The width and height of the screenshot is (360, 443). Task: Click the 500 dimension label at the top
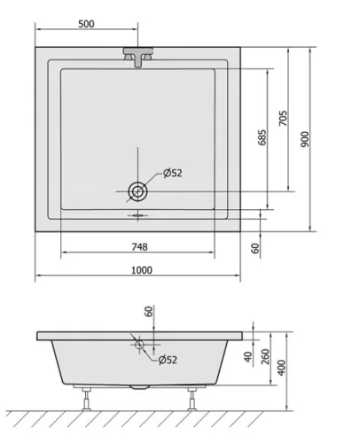(86, 24)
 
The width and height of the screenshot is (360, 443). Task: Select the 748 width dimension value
(139, 246)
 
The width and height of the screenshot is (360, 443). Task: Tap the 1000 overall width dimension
(142, 270)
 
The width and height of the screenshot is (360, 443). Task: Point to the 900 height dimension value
(305, 139)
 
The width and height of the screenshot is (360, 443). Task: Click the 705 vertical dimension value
(283, 118)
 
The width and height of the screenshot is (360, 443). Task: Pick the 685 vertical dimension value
(262, 137)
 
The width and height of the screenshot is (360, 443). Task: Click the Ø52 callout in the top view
(173, 173)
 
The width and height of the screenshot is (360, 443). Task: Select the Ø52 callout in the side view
(168, 360)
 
